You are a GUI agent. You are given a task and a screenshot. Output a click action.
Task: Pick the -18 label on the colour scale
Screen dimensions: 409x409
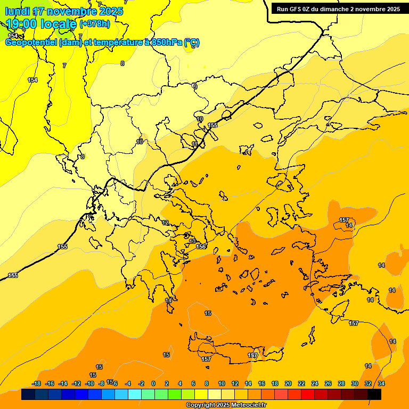(37, 383)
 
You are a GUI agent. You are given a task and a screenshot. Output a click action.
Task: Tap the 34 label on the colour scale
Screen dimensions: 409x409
(381, 383)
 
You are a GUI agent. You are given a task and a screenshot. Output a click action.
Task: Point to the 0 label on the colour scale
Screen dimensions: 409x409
(153, 383)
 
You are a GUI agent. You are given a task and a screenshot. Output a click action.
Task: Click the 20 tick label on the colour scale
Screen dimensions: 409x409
(288, 383)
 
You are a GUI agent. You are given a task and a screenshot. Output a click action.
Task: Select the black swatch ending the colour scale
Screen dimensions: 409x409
(374, 394)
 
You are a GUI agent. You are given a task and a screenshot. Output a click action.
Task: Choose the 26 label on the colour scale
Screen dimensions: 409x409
(328, 383)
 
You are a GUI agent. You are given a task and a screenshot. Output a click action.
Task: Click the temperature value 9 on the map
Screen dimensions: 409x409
(195, 87)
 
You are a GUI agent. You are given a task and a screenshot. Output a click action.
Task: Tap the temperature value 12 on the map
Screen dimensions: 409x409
(166, 223)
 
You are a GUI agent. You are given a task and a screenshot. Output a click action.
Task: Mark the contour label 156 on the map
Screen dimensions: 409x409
(201, 247)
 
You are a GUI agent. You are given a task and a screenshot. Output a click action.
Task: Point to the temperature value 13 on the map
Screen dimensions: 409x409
(192, 242)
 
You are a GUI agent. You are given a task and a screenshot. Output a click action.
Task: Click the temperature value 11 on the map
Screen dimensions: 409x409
(195, 144)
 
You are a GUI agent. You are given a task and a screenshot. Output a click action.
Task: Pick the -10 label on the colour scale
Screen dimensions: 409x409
(89, 383)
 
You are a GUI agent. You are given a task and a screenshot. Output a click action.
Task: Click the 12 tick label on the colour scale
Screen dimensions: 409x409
(235, 383)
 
